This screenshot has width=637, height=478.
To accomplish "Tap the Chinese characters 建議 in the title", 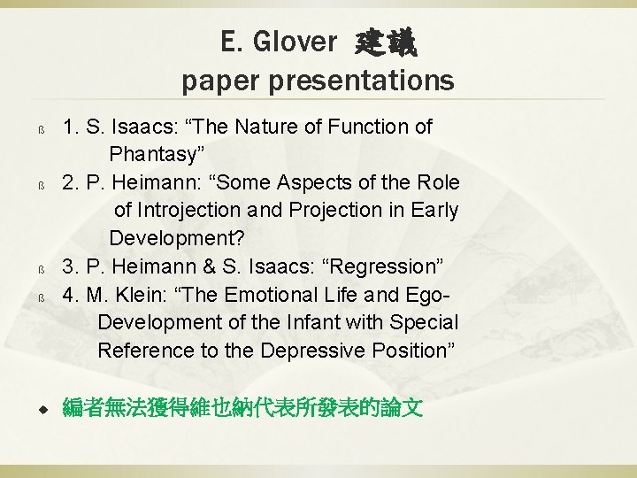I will pos(387,41).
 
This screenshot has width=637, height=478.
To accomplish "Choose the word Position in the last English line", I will pos(410,351).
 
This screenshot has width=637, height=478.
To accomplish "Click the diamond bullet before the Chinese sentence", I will pos(41,409).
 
